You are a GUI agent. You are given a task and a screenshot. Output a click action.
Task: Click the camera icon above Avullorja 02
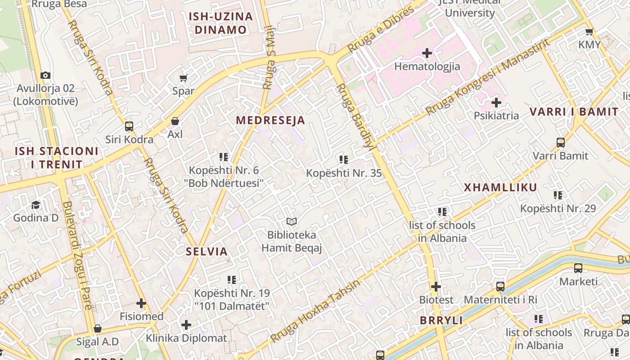[45, 75]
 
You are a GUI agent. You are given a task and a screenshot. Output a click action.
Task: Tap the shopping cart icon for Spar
[183, 78]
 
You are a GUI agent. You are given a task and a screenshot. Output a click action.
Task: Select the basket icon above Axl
[175, 121]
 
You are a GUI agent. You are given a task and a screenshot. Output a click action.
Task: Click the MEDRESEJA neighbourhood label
[270, 120]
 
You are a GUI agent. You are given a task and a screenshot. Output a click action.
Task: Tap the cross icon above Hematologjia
[427, 54]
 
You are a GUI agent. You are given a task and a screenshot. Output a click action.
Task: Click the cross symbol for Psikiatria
[496, 103]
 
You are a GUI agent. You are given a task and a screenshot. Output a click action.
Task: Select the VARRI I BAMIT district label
[574, 112]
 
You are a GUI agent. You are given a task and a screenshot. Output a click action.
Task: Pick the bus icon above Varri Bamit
[560, 143]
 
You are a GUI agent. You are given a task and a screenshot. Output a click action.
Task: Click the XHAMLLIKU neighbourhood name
[500, 188]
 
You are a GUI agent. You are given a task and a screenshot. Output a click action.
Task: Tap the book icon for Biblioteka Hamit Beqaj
[292, 221]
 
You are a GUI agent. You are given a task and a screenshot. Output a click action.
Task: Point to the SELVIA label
[207, 252]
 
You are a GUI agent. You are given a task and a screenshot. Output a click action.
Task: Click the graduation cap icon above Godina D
[36, 205]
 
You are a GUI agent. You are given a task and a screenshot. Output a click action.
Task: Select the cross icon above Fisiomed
[141, 303]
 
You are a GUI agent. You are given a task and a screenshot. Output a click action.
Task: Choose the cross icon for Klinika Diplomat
[186, 324]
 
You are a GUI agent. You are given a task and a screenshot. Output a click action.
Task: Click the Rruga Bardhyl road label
[355, 115]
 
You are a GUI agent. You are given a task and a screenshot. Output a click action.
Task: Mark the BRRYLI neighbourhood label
[441, 320]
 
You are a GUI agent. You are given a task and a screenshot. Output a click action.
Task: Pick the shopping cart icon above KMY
[589, 31]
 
